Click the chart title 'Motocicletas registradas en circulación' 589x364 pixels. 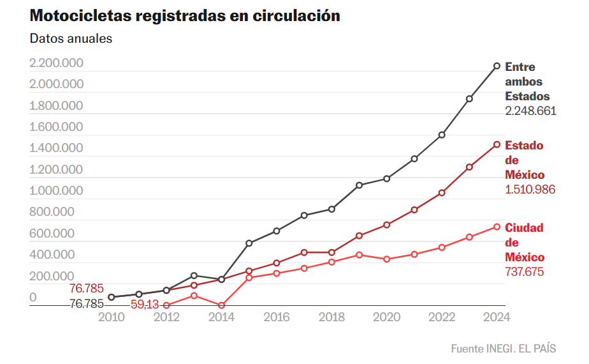pyautogui.click(x=185, y=16)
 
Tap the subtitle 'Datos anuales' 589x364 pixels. pyautogui.click(x=71, y=38)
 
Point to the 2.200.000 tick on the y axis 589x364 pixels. pyautogui.click(x=56, y=63)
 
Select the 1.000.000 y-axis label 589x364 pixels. pyautogui.click(x=56, y=191)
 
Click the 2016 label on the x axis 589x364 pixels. pyautogui.click(x=277, y=317)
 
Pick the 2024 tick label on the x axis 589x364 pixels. pyautogui.click(x=497, y=317)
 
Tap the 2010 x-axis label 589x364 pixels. pyautogui.click(x=112, y=317)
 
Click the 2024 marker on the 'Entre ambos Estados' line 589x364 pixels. pyautogui.click(x=497, y=66)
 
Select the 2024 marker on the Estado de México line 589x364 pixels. pyautogui.click(x=497, y=144)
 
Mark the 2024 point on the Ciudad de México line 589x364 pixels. pyautogui.click(x=497, y=227)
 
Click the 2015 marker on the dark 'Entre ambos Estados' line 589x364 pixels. pyautogui.click(x=249, y=243)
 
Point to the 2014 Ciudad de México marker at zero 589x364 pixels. pyautogui.click(x=221, y=305)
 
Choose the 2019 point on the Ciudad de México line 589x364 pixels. pyautogui.click(x=360, y=255)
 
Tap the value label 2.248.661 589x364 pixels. pyautogui.click(x=530, y=110)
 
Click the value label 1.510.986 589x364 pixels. pyautogui.click(x=530, y=190)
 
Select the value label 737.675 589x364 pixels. pyautogui.click(x=525, y=272)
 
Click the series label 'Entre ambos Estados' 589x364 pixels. pyautogui.click(x=527, y=82)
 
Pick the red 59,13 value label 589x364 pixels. pyautogui.click(x=144, y=305)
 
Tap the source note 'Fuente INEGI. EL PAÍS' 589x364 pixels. pyautogui.click(x=503, y=349)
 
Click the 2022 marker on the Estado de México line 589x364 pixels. pyautogui.click(x=442, y=192)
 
